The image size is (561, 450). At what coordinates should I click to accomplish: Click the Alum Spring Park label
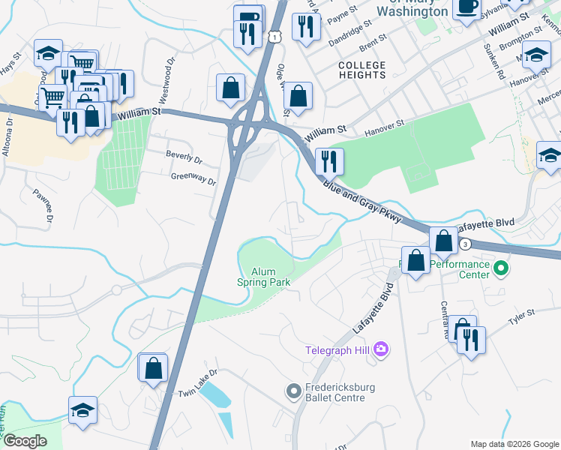263,277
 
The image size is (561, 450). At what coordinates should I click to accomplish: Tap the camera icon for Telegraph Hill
381,349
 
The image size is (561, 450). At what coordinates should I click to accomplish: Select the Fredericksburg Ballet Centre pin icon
293,391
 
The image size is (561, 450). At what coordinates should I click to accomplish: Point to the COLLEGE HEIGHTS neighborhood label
361,71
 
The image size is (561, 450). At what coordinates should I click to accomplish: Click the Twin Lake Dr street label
197,393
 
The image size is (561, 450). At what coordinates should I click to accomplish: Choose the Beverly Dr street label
184,158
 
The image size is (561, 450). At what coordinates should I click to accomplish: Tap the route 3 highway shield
465,244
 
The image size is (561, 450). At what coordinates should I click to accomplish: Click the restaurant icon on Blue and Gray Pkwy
328,160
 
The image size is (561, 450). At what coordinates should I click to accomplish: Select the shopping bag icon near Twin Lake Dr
153,368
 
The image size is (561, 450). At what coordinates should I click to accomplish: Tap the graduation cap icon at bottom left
82,410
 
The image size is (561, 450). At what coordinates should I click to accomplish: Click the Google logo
25,441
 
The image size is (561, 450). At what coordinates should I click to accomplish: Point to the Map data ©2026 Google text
514,444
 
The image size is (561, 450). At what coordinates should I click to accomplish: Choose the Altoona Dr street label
9,131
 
